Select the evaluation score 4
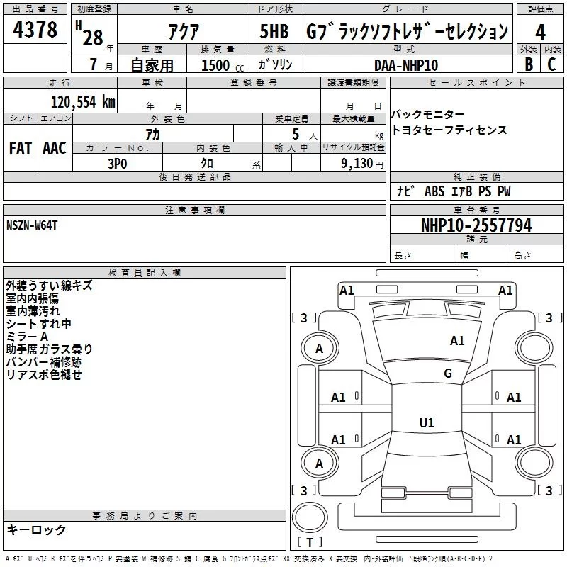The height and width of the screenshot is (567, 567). coord(541,32)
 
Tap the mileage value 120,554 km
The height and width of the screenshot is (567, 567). coord(83,101)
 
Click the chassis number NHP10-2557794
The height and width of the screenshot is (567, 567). coord(476,225)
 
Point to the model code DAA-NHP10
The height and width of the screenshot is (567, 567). coord(406,64)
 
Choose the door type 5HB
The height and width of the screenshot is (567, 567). coord(274,32)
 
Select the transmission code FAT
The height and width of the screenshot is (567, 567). coord(20,148)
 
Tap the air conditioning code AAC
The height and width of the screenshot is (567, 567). coord(55,148)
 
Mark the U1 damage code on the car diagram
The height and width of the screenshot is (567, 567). coord(427,422)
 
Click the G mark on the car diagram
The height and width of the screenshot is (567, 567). coord(448,374)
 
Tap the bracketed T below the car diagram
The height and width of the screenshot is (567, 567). coord(310,543)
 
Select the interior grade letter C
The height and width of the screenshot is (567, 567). coord(551,64)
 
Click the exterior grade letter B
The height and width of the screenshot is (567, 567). coord(529,64)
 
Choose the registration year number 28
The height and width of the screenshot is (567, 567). coord(93,38)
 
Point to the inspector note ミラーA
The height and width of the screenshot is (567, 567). coord(27,337)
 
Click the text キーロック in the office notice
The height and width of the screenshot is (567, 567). coord(36,530)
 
